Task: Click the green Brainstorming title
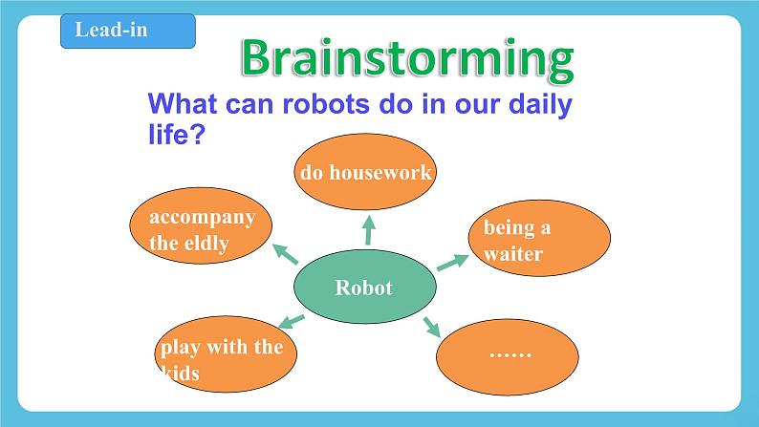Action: coord(406,58)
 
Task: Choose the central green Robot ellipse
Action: coord(363,288)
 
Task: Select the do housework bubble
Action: coord(366,173)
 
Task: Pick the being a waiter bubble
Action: coord(538,240)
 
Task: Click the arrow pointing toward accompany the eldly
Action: coord(285,253)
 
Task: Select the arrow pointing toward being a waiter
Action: coord(450,263)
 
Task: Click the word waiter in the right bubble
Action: coord(512,254)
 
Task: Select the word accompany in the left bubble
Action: coord(202,217)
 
